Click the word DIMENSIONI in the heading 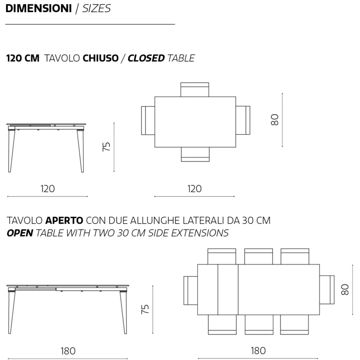pyautogui.click(x=39, y=8)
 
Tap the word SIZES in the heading pyautogui.click(x=96, y=8)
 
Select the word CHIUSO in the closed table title pyautogui.click(x=101, y=58)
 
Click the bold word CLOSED pyautogui.click(x=146, y=58)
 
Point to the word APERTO pyautogui.click(x=64, y=220)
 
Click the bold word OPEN pyautogui.click(x=20, y=233)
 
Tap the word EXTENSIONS pyautogui.click(x=200, y=233)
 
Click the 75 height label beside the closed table pyautogui.click(x=106, y=147)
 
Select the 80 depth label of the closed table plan pyautogui.click(x=275, y=120)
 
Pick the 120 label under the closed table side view pyautogui.click(x=48, y=189)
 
